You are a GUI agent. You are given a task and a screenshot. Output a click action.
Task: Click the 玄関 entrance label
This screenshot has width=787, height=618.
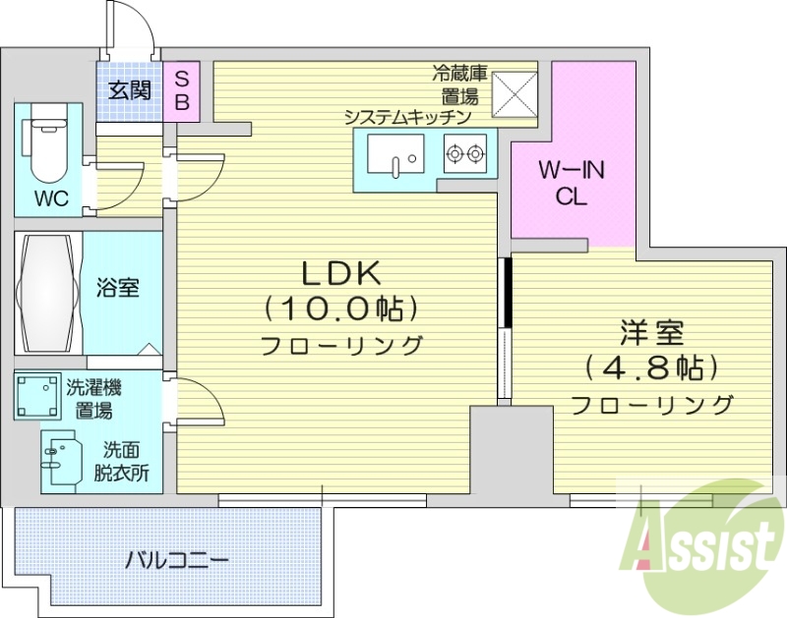point(128,91)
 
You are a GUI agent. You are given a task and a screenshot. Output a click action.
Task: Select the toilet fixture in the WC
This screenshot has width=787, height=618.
point(45,142)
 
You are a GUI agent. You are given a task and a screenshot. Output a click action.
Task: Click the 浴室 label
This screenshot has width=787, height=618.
point(118,288)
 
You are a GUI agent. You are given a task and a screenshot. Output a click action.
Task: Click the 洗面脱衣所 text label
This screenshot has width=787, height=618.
point(127,461)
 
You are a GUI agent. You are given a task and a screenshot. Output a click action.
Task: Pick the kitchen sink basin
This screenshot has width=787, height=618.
point(395,153)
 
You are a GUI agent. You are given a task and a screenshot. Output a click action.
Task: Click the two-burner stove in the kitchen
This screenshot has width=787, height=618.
point(465,153)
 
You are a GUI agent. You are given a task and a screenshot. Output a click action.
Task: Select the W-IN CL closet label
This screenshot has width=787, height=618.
point(572,183)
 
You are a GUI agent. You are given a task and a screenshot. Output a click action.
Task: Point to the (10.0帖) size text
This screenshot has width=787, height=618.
point(340,309)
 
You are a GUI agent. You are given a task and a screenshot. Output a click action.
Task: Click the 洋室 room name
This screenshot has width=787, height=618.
point(651,333)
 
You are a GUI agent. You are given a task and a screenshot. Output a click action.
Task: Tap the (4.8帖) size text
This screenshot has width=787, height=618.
point(651,368)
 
